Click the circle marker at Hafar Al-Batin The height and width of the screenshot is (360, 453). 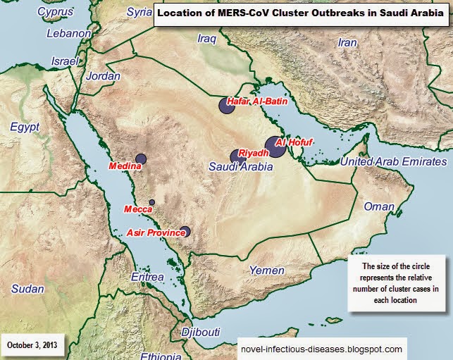pos(226,106)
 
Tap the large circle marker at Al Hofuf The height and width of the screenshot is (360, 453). pos(275,150)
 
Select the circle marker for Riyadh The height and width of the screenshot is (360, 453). pos(237,156)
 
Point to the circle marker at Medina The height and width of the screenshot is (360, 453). pos(140,159)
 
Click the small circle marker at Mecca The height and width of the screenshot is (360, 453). pos(151,202)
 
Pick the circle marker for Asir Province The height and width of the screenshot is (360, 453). pos(185,231)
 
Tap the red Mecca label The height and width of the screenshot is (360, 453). pos(138,209)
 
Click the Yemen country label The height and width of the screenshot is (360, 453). pos(268,271)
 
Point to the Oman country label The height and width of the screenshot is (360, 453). pos(379,206)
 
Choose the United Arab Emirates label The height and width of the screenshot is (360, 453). pos(393,163)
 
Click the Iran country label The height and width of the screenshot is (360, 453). pos(347,42)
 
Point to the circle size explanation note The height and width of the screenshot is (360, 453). pos(399,283)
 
